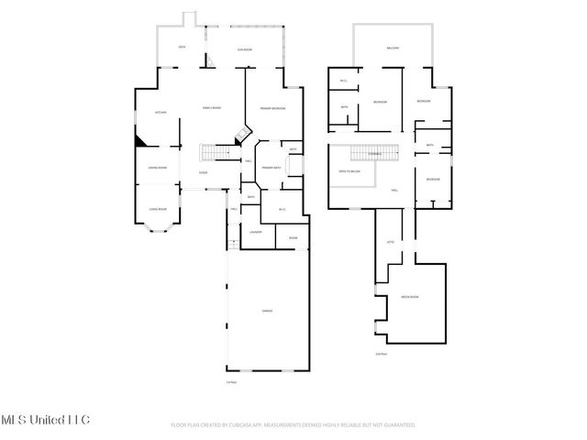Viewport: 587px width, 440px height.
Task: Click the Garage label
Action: (267, 311)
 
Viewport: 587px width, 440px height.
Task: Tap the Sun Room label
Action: (245, 49)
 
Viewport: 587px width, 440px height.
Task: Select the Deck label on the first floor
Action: (183, 46)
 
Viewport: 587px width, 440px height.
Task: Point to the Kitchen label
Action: (157, 112)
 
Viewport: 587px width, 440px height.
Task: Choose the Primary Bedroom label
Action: (272, 109)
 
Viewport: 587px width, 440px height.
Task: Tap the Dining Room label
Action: (158, 168)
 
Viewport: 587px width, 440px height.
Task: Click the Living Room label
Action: (158, 209)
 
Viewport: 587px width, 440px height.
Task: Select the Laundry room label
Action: (256, 232)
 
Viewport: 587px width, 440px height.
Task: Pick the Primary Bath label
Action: (272, 168)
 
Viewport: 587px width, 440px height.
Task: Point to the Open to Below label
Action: (349, 171)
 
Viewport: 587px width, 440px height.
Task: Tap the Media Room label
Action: (409, 298)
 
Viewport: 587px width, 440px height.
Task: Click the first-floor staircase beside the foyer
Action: (216, 153)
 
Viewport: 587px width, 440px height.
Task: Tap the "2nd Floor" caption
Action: (381, 353)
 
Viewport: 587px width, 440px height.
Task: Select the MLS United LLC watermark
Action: (45, 420)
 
